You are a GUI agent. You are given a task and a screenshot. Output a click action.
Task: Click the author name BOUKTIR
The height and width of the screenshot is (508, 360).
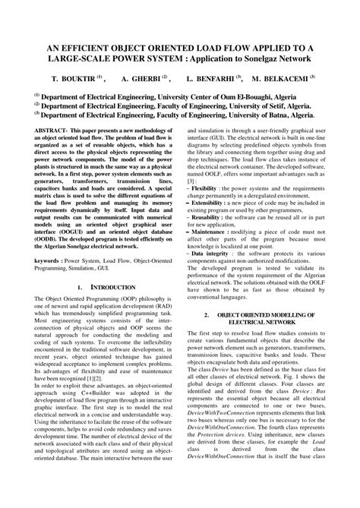click(79, 78)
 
